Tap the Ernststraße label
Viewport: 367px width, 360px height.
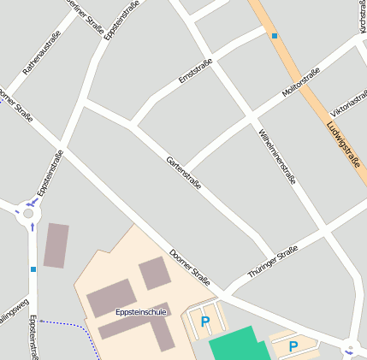pyautogui.click(x=196, y=71)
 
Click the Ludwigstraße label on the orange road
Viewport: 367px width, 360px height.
pyautogui.click(x=341, y=145)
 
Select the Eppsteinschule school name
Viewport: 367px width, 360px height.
pyautogui.click(x=140, y=313)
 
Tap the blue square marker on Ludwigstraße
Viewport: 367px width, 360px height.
pyautogui.click(x=274, y=36)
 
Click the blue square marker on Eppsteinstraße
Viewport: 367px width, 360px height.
pyautogui.click(x=33, y=269)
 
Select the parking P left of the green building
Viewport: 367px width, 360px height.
pyautogui.click(x=204, y=322)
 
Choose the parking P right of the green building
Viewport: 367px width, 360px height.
pyautogui.click(x=293, y=346)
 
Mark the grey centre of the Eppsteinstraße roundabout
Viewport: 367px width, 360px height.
pyautogui.click(x=28, y=214)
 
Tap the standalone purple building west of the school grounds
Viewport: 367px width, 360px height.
pyautogui.click(x=56, y=245)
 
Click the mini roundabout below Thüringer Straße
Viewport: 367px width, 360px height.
pyautogui.click(x=349, y=350)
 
